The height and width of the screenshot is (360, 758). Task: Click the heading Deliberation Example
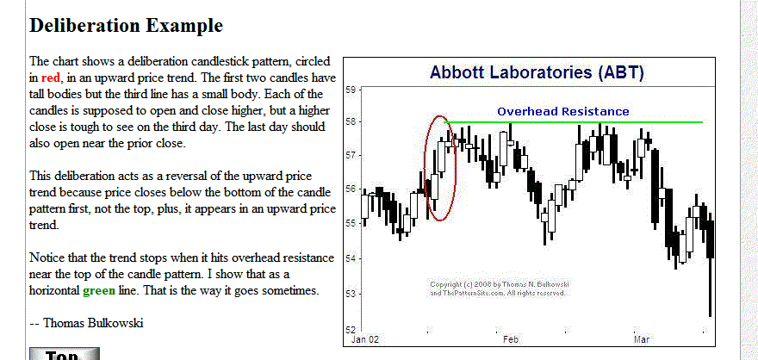[x=126, y=26]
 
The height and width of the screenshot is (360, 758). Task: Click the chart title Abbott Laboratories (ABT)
[x=537, y=72]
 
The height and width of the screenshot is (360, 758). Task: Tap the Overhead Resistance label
[x=563, y=112]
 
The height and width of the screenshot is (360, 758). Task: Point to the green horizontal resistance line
[x=573, y=121]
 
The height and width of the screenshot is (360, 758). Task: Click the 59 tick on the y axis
[x=351, y=90]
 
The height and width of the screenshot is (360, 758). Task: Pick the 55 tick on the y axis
[x=351, y=224]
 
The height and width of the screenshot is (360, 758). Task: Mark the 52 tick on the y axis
[x=351, y=330]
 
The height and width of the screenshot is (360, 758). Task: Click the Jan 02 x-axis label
[x=365, y=339]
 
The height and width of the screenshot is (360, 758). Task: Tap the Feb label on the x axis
[x=511, y=339]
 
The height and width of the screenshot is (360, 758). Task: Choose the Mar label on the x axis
[x=642, y=339]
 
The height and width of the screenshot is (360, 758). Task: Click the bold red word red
[x=50, y=78]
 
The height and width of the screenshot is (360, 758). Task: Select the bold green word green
[x=99, y=291]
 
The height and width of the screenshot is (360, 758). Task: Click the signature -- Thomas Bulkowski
[x=86, y=323]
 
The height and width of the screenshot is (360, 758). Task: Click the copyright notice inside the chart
[x=498, y=289]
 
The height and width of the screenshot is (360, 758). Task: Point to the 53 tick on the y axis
[x=351, y=295]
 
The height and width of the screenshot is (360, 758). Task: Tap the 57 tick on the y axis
[x=351, y=156]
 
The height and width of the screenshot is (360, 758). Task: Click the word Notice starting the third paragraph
[x=45, y=258]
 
